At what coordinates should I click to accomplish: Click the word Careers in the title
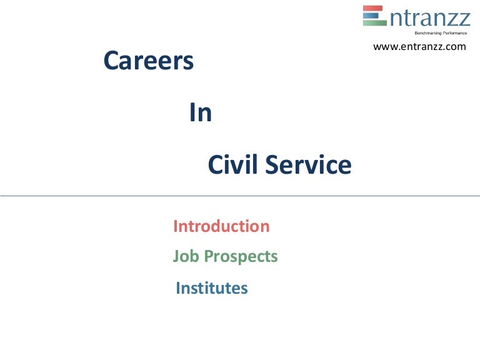point(148,61)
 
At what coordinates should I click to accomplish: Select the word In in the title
point(201,113)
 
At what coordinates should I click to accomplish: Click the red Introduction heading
point(221,226)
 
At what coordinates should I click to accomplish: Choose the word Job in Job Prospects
point(184,257)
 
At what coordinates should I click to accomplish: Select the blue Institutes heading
point(212,288)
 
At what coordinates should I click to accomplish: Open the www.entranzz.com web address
point(419,47)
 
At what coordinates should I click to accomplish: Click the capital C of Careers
point(111,61)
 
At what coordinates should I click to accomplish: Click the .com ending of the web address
point(456,47)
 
